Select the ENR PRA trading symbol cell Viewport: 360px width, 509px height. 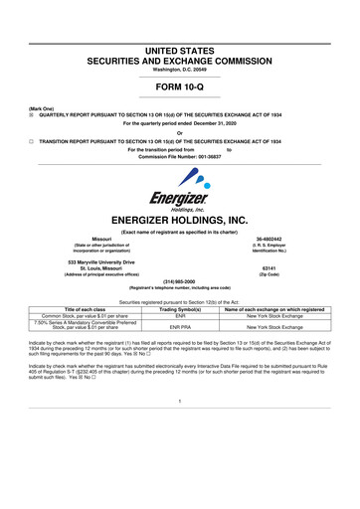[180, 327]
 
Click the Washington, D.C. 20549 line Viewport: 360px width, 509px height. [180, 37]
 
